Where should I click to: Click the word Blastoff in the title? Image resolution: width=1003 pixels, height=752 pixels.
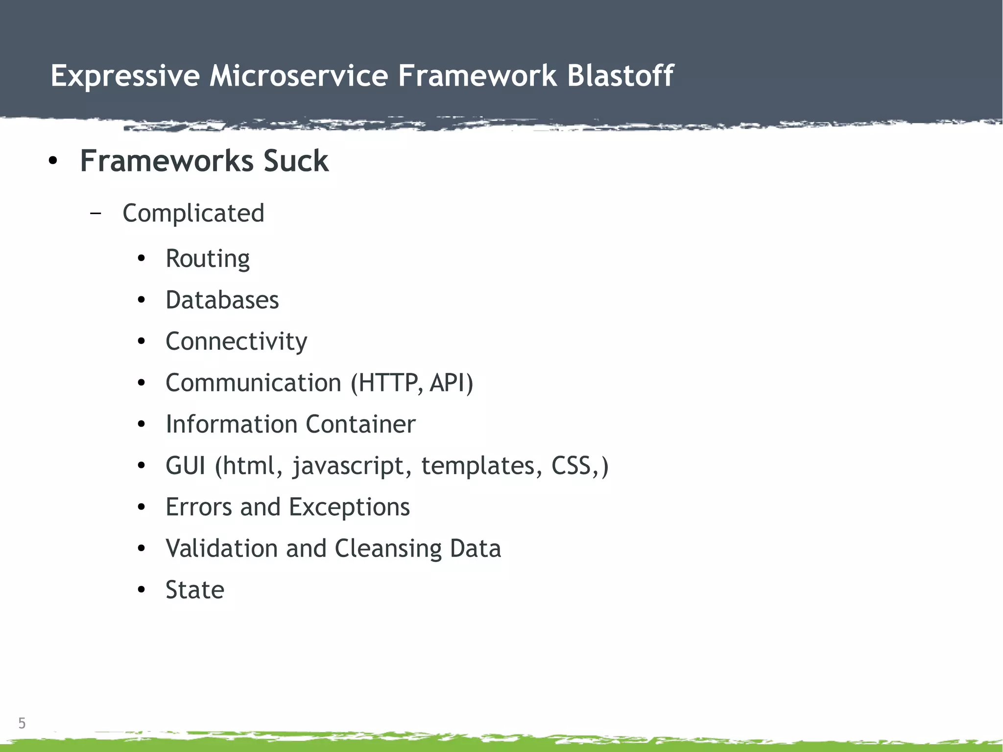[x=620, y=76]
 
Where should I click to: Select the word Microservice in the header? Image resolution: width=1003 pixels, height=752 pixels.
[x=299, y=76]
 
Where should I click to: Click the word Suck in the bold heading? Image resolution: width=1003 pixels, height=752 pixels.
[x=296, y=161]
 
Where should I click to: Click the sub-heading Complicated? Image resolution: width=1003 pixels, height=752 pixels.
[x=193, y=214]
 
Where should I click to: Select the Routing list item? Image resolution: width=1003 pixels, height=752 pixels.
[x=208, y=259]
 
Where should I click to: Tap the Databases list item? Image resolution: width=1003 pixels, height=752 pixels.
[x=222, y=300]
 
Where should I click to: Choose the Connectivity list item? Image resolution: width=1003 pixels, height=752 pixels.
[x=237, y=341]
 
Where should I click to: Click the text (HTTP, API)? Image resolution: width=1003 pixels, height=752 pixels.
[x=412, y=383]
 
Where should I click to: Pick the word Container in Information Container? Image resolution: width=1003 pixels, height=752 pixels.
[x=360, y=424]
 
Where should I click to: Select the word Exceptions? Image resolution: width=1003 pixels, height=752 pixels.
[x=349, y=507]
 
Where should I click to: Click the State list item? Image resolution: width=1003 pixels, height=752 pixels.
[x=195, y=590]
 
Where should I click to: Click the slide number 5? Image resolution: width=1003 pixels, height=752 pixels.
[x=22, y=723]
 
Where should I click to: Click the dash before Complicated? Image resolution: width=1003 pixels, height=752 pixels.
[x=96, y=214]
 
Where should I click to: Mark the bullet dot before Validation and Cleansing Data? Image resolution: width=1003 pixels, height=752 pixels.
[x=142, y=549]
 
